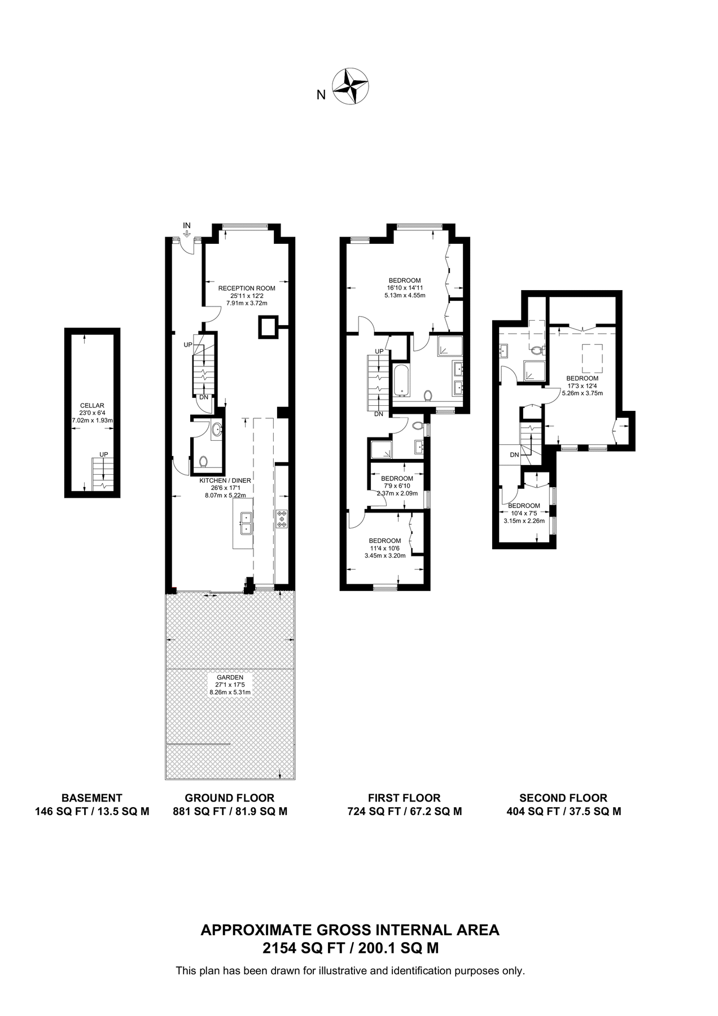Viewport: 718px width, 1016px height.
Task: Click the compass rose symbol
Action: tap(351, 86)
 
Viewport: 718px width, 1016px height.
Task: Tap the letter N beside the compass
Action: tap(321, 95)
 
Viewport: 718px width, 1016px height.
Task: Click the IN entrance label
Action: tap(187, 226)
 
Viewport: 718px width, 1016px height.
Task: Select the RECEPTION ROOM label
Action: tap(247, 288)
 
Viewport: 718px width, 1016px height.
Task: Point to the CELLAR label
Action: tap(92, 405)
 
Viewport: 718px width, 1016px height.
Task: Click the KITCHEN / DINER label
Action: tap(225, 480)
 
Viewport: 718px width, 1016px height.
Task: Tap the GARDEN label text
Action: tap(230, 677)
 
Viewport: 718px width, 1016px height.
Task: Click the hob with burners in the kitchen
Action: tap(282, 519)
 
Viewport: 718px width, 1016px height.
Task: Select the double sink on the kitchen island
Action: tap(246, 523)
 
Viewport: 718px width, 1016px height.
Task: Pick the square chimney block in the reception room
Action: tap(268, 327)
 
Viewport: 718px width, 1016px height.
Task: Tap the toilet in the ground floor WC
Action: tap(203, 462)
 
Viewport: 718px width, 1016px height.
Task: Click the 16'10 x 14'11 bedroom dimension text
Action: tap(404, 288)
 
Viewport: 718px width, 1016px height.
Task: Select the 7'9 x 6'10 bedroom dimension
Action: tap(397, 486)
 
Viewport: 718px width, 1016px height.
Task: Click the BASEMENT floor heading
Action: tap(91, 798)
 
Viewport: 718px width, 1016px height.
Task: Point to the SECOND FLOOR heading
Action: tap(563, 798)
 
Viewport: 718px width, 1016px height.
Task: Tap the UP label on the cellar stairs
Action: tap(103, 454)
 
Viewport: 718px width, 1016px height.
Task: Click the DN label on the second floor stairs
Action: tap(514, 454)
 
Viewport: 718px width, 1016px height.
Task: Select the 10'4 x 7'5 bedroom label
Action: tap(524, 513)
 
